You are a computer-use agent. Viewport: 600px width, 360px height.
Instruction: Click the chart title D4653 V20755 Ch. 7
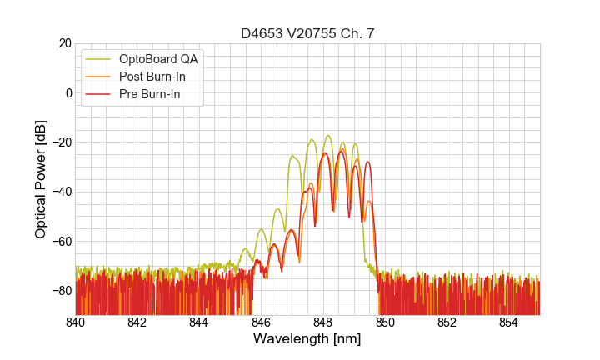307,33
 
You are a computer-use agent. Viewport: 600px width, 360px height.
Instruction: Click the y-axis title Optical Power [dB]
41,179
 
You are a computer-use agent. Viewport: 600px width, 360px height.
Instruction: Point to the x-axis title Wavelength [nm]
307,339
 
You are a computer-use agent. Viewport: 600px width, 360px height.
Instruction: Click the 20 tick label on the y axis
64,43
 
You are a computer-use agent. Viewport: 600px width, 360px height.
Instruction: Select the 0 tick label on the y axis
67,92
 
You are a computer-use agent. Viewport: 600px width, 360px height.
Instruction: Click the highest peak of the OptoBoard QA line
328,135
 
